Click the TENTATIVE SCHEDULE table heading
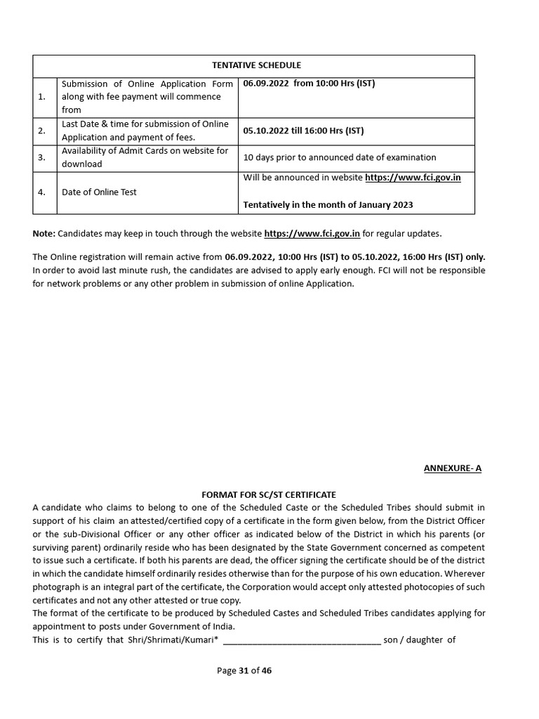click(253, 66)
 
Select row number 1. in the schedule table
click(41, 97)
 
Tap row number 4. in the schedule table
click(41, 192)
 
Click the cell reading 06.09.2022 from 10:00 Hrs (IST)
click(309, 84)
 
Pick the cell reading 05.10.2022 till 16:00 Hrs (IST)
click(303, 131)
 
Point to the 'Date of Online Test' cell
click(99, 192)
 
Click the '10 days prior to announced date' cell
click(339, 157)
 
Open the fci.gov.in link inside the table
click(413, 178)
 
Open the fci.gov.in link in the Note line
click(312, 233)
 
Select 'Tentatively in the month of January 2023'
click(328, 205)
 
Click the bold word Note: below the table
click(44, 233)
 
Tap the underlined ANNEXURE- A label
click(452, 468)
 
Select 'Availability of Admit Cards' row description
click(145, 157)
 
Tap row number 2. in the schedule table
click(41, 131)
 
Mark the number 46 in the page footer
click(266, 671)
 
